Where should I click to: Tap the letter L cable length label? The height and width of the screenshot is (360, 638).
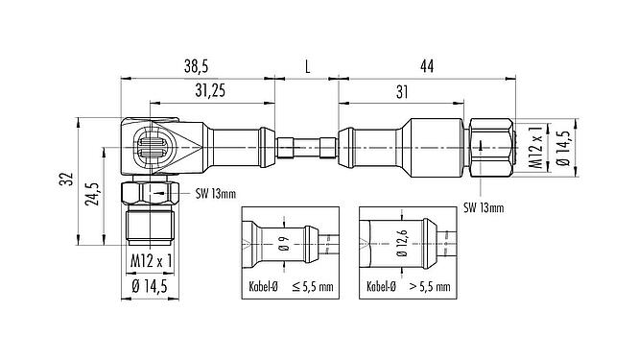(x=306, y=67)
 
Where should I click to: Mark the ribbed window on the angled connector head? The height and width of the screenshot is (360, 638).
(x=154, y=148)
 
